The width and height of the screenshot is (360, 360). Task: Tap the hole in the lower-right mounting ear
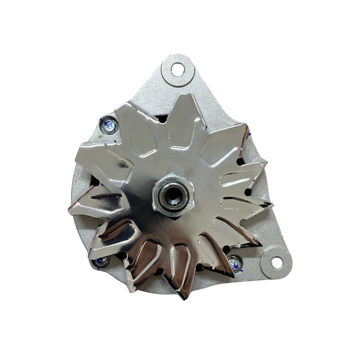tap(275, 262)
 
